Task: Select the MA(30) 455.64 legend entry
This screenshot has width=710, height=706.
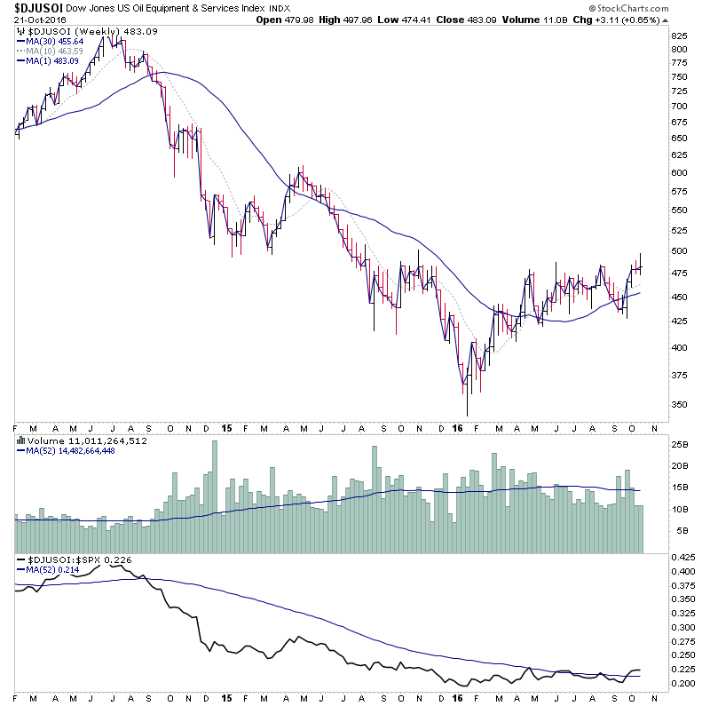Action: click(x=53, y=41)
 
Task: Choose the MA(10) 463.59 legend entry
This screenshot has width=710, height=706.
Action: click(x=53, y=51)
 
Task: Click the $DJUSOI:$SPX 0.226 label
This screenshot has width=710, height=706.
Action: click(x=73, y=559)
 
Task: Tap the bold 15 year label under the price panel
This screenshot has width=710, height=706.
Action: click(x=226, y=427)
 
